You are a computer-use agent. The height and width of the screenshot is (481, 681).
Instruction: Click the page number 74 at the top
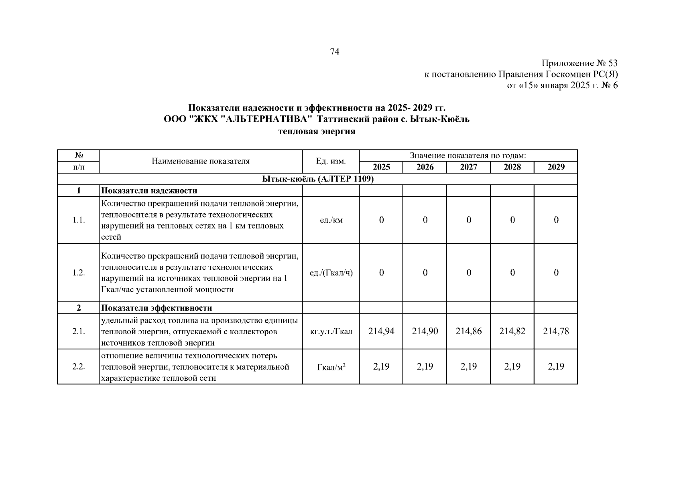334,52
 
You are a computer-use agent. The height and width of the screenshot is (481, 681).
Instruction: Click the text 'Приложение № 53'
579,63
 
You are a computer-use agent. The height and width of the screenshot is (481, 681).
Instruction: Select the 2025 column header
381,167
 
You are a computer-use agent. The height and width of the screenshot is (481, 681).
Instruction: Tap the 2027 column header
468,167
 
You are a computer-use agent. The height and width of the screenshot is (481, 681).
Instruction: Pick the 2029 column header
556,167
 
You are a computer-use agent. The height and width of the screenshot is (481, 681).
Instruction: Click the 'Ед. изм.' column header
331,161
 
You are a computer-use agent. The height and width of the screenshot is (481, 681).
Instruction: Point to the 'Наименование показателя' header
201,161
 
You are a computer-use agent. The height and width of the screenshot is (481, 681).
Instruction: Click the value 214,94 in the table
381,331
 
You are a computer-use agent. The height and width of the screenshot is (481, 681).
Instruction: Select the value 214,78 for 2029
556,331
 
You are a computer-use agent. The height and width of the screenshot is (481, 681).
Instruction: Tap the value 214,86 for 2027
468,331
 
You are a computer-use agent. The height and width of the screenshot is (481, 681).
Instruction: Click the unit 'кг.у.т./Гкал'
331,331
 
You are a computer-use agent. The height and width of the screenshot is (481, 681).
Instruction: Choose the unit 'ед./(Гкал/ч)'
331,273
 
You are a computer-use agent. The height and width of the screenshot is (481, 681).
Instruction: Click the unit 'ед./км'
331,220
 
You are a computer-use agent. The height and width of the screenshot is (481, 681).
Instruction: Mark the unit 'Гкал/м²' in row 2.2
331,367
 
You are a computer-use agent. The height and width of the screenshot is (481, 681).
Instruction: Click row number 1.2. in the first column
79,273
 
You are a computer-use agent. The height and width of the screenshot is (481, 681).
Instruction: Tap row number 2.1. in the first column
79,331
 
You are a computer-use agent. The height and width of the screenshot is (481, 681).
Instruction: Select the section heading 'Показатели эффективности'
157,308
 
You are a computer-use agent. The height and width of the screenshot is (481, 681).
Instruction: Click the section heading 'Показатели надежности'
149,191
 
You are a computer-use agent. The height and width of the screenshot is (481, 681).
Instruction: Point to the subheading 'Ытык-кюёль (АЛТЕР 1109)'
317,179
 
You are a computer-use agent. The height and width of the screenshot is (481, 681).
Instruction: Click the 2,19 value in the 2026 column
425,366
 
